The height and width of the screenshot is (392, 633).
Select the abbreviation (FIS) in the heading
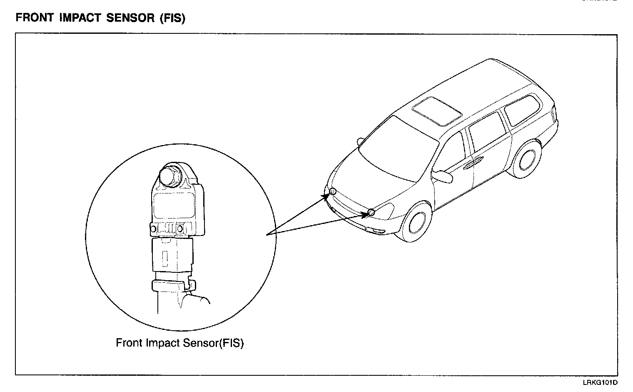(172, 19)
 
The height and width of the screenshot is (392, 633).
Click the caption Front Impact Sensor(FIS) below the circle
(179, 343)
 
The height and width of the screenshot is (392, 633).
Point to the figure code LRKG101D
(600, 382)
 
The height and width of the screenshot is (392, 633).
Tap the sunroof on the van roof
(437, 111)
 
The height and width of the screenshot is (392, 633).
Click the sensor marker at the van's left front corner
(333, 191)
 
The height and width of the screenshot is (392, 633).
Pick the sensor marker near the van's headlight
(371, 212)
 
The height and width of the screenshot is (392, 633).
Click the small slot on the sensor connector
(165, 258)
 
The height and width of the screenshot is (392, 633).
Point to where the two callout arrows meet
(267, 235)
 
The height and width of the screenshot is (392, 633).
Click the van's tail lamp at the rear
(554, 113)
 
